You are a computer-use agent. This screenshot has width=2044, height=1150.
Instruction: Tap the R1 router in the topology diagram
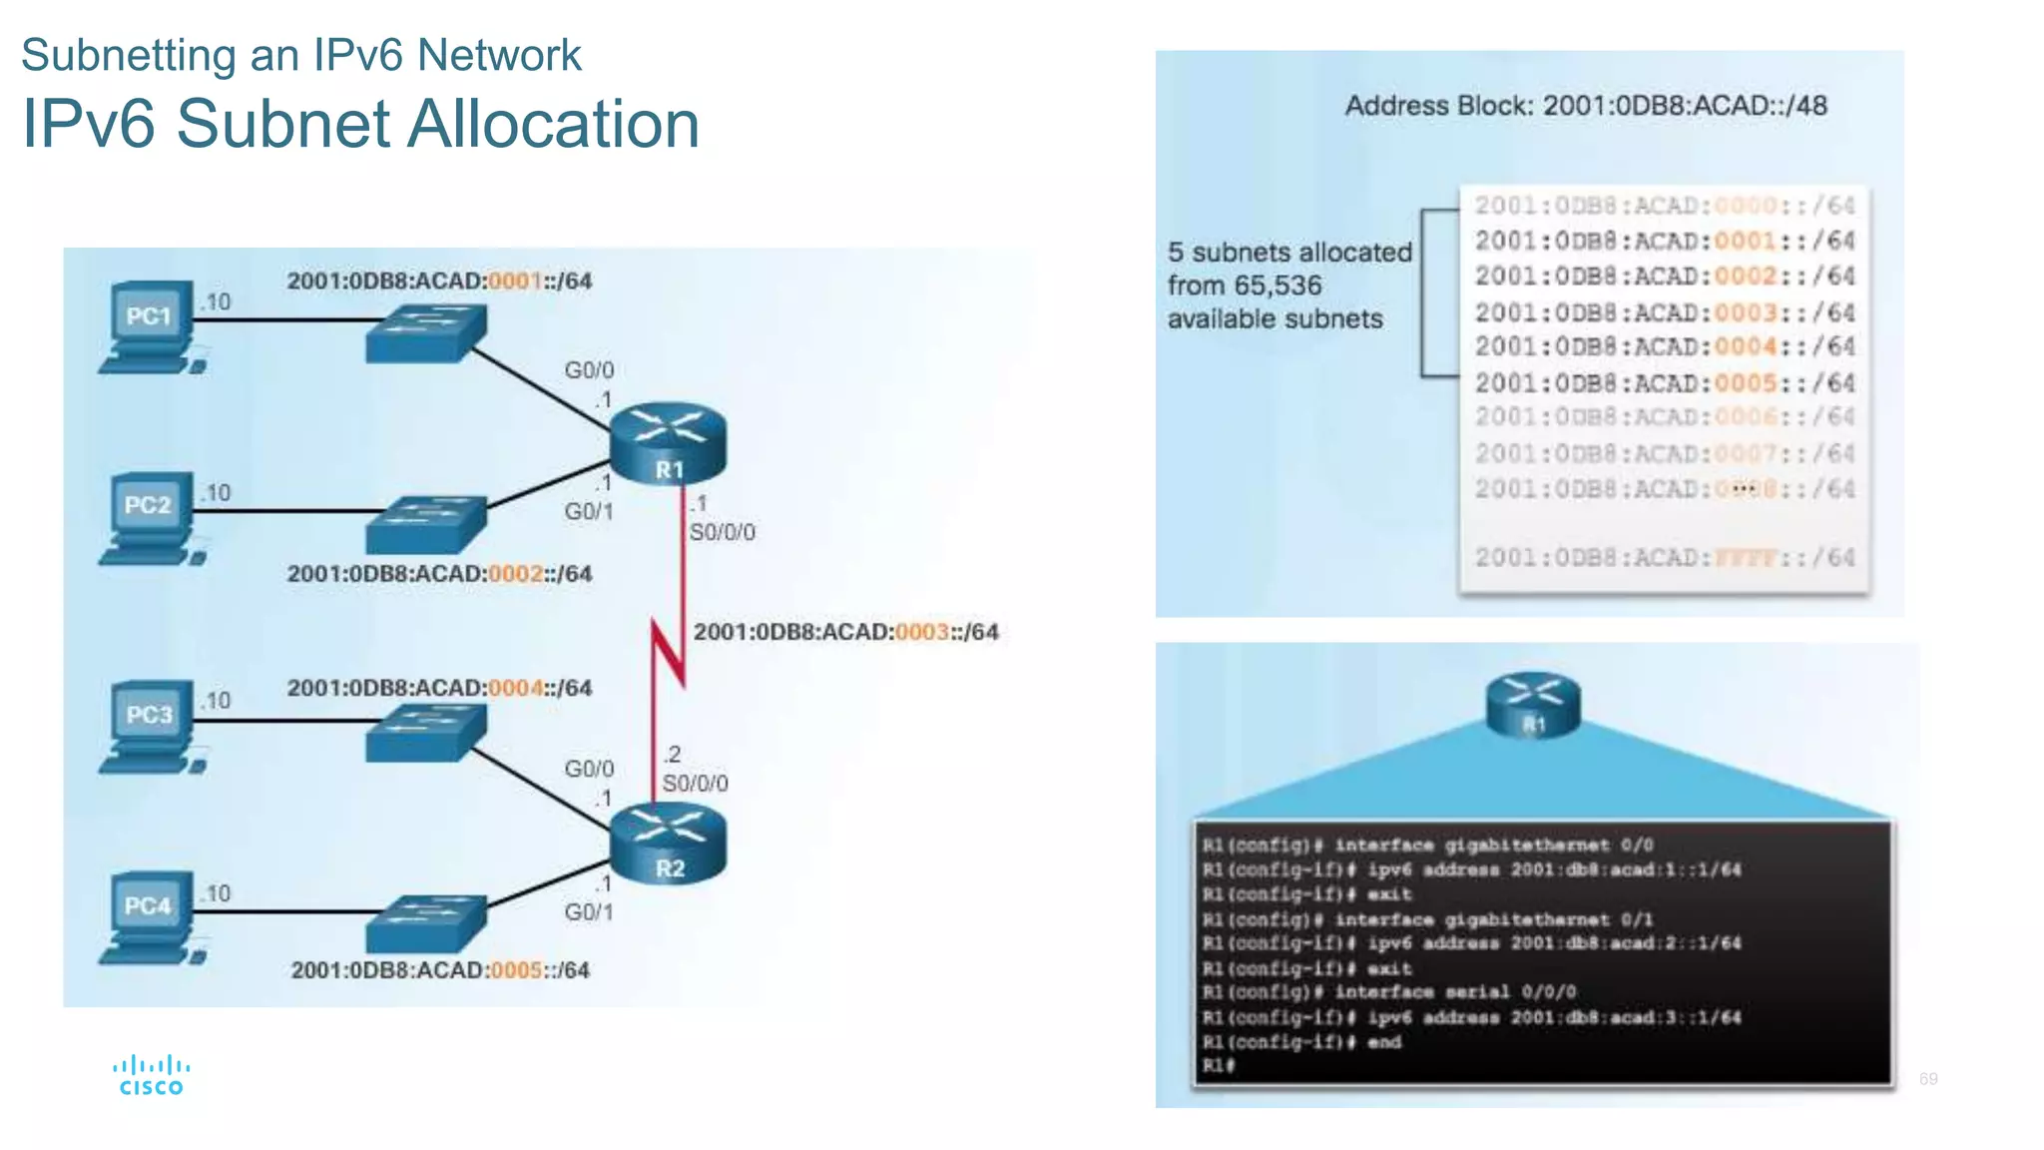click(x=668, y=443)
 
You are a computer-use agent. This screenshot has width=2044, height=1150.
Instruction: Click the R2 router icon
click(x=668, y=844)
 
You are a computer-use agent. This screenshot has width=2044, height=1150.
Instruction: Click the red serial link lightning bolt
click(x=668, y=654)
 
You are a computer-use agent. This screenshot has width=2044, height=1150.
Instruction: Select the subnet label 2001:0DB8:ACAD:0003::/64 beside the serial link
click(x=845, y=632)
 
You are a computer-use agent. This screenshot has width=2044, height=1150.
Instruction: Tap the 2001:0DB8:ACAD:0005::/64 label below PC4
click(x=440, y=970)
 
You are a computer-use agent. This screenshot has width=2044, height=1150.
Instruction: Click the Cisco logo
click(x=151, y=1076)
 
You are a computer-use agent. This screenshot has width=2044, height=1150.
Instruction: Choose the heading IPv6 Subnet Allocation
click(x=360, y=124)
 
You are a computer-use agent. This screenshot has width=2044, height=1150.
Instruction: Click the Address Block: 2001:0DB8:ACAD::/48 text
click(x=1586, y=106)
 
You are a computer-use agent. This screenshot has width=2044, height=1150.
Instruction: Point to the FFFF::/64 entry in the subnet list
click(x=1665, y=558)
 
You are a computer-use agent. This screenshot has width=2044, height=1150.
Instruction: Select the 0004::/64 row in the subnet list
click(x=1665, y=347)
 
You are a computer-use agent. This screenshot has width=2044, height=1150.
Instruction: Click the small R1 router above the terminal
click(x=1533, y=704)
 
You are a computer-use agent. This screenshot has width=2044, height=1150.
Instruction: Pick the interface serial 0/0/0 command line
click(x=1389, y=992)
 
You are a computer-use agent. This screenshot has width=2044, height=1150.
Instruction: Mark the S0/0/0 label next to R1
click(x=722, y=532)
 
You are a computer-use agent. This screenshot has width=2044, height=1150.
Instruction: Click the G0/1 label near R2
click(x=589, y=912)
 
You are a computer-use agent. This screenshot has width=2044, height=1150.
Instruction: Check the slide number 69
click(x=1928, y=1079)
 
